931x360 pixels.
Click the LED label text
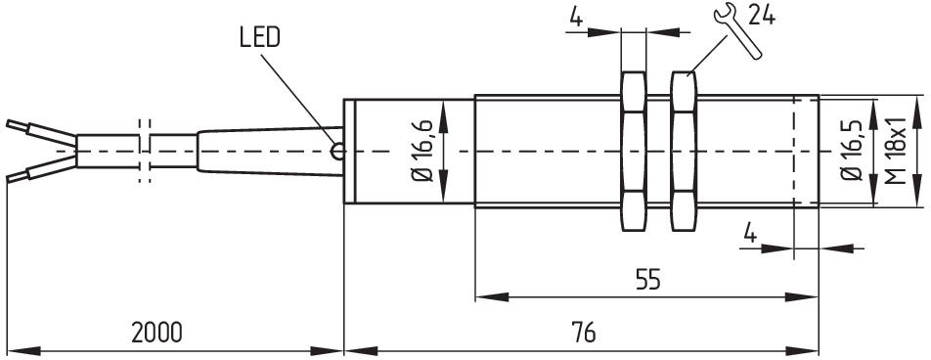pos(259,38)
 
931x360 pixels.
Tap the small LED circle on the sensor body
pos(337,152)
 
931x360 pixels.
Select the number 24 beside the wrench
pos(761,15)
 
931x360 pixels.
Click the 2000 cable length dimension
pos(156,334)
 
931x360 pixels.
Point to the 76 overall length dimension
pos(584,333)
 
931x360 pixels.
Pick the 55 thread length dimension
pos(647,279)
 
